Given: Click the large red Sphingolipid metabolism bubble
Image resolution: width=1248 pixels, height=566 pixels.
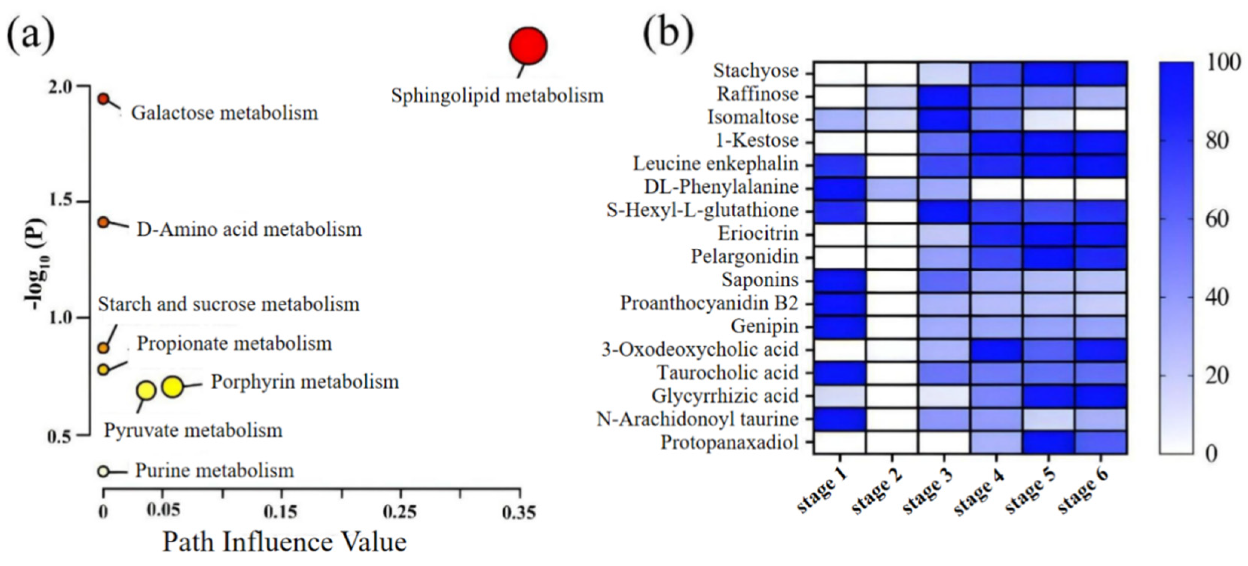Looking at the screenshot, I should [528, 46].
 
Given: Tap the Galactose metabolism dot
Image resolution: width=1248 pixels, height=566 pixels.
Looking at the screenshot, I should [103, 99].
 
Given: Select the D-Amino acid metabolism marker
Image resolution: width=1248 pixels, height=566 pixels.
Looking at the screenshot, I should [103, 222].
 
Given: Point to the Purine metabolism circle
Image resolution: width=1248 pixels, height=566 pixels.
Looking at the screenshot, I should [103, 471].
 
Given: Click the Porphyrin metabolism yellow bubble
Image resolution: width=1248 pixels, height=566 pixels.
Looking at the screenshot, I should [173, 386].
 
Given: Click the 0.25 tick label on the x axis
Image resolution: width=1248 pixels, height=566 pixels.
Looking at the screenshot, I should [400, 512].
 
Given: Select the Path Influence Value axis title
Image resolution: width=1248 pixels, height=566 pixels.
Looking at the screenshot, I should [284, 542].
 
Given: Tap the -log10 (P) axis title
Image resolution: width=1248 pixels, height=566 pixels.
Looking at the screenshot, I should [36, 264].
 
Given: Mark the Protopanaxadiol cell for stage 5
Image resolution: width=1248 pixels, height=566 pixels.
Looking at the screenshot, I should [1048, 442].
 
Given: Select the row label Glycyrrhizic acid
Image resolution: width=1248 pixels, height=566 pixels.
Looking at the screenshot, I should [725, 396].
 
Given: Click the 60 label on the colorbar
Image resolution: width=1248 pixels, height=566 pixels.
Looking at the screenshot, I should [1216, 220].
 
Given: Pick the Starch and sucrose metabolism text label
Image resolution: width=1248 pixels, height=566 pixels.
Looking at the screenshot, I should [229, 304].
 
